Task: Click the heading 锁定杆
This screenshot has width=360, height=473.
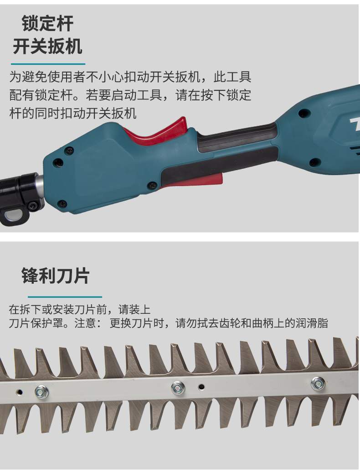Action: point(47,23)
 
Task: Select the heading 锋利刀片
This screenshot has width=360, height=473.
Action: point(56,275)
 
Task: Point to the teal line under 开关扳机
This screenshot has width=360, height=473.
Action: point(48,64)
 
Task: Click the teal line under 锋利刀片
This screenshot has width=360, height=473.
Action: point(65,297)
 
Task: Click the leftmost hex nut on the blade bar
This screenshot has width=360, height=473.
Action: point(42,392)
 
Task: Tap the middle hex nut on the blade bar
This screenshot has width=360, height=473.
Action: point(178,388)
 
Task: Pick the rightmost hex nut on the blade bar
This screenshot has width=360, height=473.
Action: point(318,384)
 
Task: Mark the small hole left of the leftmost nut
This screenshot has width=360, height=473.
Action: point(20,392)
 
